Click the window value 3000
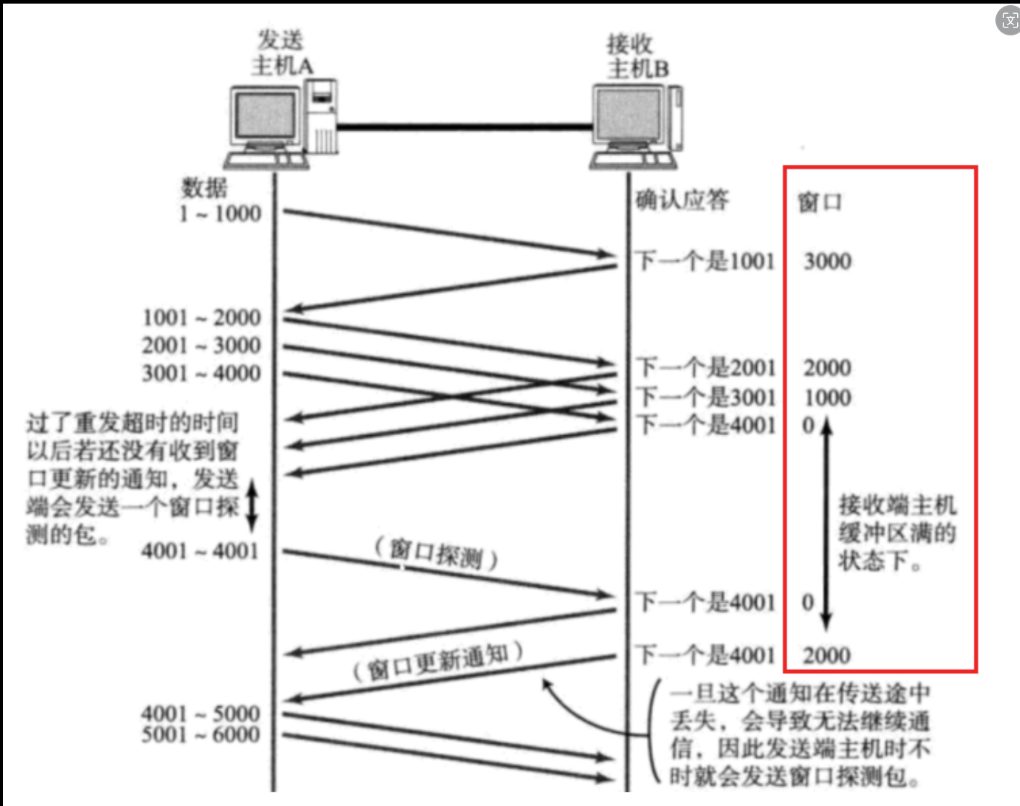(828, 261)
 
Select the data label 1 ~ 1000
(221, 213)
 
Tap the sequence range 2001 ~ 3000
(201, 345)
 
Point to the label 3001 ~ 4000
(201, 373)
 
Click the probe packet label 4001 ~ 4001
(200, 551)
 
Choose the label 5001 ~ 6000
(200, 734)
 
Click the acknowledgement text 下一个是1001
(705, 261)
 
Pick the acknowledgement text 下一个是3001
(705, 396)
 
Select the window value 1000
(828, 397)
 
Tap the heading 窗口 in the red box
(820, 202)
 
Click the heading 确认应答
(682, 200)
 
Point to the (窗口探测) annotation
(436, 554)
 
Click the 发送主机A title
(282, 53)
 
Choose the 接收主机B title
(637, 56)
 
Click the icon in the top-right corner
(1008, 20)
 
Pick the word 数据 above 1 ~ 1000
(204, 187)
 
